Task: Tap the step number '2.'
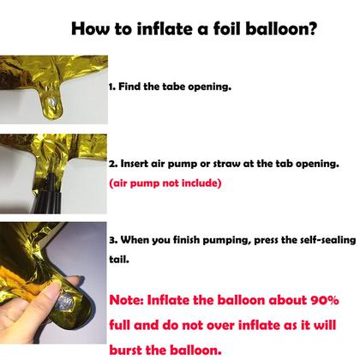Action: coord(112,162)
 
